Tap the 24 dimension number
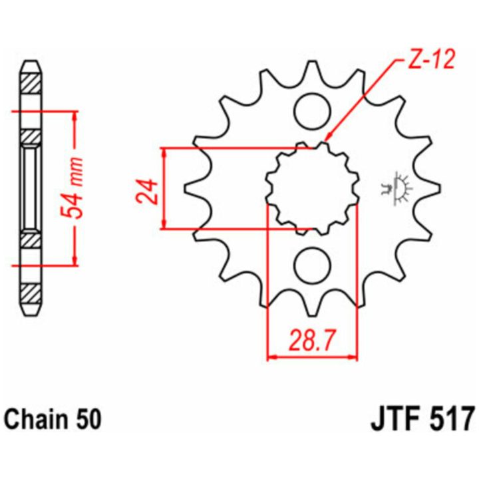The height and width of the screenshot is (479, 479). [x=148, y=192]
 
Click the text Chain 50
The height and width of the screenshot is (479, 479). [x=53, y=419]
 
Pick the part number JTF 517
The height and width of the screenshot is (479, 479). [x=422, y=419]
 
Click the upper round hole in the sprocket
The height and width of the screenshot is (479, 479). [x=313, y=110]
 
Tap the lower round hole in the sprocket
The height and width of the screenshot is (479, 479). [x=313, y=265]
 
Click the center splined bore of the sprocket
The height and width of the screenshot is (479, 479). [x=313, y=188]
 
